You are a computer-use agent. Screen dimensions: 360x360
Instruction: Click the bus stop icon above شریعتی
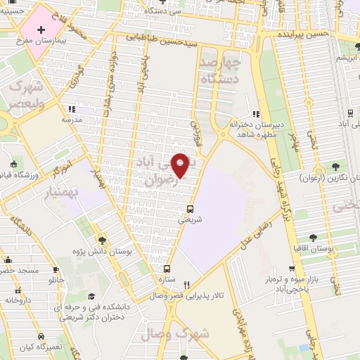(x=190, y=209)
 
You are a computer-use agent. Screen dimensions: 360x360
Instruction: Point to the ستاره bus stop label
(x=167, y=278)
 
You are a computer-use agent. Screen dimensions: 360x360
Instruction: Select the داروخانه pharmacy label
(x=20, y=300)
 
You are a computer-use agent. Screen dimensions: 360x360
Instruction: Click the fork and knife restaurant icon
(x=186, y=285)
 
